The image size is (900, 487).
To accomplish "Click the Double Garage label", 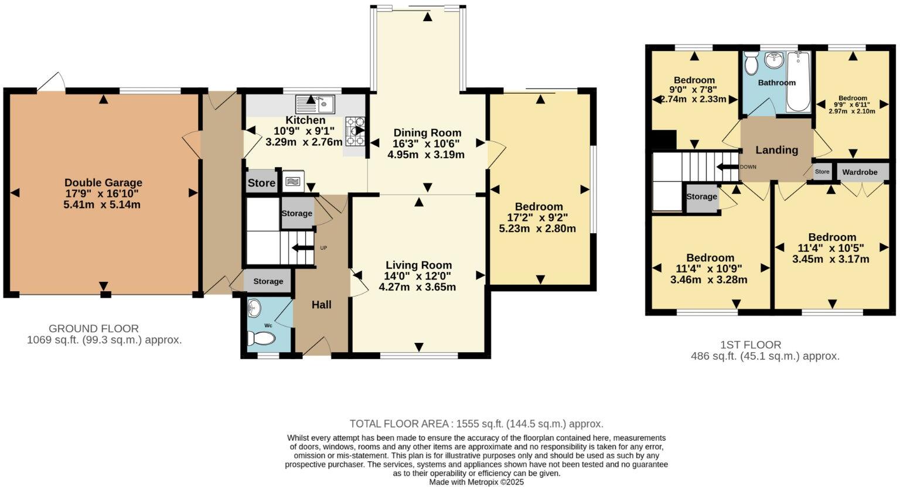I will pos(103,183).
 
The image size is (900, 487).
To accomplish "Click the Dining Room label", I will pos(427,133).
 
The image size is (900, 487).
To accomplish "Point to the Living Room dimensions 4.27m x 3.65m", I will pos(417,287).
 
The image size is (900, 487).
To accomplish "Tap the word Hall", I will pos(321,305).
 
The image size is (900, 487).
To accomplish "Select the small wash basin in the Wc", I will pos(254,307).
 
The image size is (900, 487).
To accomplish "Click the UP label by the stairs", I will pos(323,248).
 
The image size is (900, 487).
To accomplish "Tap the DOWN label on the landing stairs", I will pos(748,167).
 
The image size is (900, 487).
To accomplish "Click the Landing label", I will pos(776,150).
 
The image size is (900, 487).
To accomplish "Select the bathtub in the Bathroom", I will pos(798,82).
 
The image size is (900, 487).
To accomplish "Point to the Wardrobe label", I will pos(860,172).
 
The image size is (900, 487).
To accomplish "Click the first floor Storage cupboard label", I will pos(701,196).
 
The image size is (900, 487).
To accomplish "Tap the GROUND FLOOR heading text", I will pos(94,329).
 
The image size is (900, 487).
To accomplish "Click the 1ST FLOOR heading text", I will pos(751,345).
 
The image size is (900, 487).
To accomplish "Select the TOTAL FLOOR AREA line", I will pos(476,424).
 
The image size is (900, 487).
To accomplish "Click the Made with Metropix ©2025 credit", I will pos(476,482).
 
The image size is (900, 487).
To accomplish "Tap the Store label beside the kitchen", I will pos(261,183).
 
